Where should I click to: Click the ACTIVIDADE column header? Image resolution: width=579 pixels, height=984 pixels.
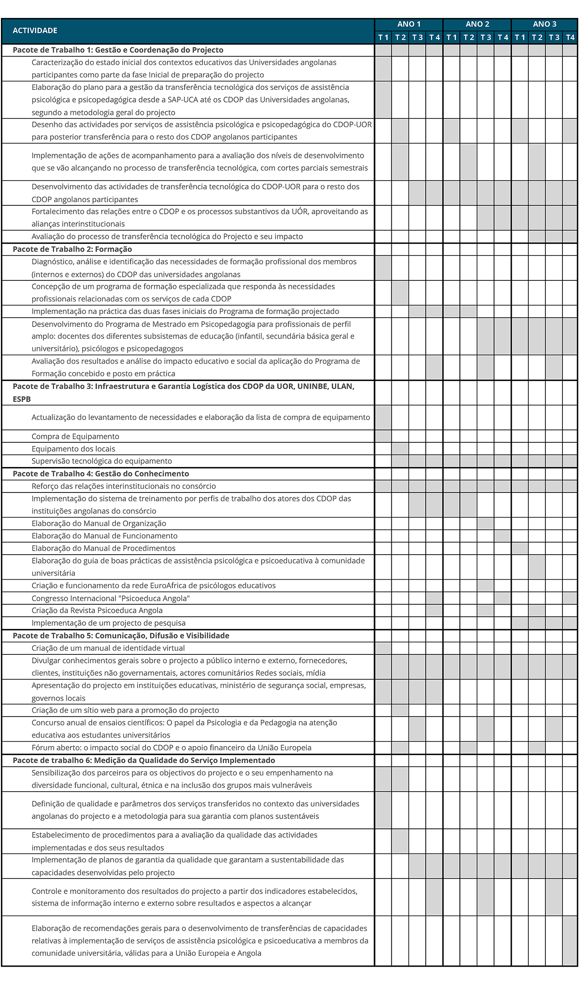click(x=35, y=30)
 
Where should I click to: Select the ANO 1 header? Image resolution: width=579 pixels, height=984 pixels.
click(x=409, y=24)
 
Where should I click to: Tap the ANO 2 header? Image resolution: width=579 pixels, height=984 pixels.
click(x=477, y=24)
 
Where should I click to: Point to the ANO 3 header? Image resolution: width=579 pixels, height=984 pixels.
click(x=545, y=24)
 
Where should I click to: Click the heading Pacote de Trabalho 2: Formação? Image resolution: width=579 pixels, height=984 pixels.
click(x=72, y=249)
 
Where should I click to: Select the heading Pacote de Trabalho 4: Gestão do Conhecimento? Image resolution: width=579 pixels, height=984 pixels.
click(x=101, y=474)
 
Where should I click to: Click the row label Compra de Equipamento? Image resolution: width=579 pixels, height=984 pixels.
click(x=75, y=436)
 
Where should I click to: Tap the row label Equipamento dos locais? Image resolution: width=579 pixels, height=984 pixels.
click(x=73, y=449)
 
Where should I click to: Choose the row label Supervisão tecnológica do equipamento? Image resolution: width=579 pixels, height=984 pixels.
click(x=102, y=461)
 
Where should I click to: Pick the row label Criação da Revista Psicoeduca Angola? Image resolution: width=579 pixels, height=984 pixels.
click(x=97, y=611)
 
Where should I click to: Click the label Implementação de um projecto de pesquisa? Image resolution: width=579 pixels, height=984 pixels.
click(x=108, y=623)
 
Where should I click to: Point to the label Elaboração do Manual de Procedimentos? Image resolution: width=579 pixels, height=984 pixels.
click(x=103, y=548)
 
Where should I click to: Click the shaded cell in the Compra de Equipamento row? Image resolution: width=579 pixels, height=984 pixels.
click(x=383, y=436)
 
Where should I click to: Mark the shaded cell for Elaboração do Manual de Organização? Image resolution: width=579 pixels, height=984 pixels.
click(x=485, y=523)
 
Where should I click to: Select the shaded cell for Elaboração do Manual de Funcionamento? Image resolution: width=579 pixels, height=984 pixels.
click(x=502, y=536)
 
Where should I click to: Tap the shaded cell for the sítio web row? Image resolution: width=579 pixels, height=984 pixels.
click(x=400, y=710)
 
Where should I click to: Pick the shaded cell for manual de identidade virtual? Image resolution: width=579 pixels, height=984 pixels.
click(x=383, y=648)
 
